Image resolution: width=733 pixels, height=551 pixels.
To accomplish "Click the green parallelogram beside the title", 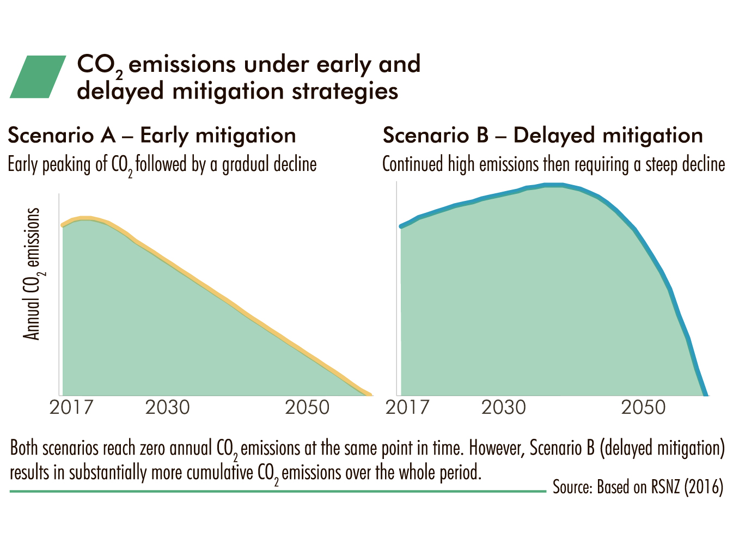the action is [x=38, y=76].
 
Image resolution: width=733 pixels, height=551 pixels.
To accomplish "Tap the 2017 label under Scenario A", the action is [x=71, y=407].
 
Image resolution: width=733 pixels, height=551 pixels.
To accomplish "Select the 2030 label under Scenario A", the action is [x=167, y=407].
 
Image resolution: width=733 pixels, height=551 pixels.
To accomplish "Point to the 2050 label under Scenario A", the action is [x=307, y=407].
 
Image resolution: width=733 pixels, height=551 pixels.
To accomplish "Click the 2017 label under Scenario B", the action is [x=407, y=407].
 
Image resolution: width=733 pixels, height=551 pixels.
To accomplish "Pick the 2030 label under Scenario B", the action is [x=503, y=407].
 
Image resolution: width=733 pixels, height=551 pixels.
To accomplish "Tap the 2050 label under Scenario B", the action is [x=643, y=407].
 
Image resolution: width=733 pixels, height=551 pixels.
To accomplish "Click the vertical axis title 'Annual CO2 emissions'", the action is [x=32, y=274].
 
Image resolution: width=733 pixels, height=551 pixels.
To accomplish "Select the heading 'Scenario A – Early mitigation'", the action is [x=152, y=136].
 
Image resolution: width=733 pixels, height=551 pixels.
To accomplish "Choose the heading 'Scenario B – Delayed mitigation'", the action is [x=543, y=136].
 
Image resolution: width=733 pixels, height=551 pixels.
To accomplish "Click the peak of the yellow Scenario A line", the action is [x=85, y=218].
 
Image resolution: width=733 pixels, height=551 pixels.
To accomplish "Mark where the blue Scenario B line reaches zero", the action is [x=706, y=395].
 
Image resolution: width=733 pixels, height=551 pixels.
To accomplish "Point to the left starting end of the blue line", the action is [x=401, y=227].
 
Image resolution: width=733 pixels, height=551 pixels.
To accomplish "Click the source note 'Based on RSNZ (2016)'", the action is [x=660, y=487].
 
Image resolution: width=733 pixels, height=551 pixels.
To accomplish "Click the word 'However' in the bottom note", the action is [x=494, y=448].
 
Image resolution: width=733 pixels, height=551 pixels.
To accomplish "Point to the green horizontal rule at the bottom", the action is [x=278, y=491].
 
